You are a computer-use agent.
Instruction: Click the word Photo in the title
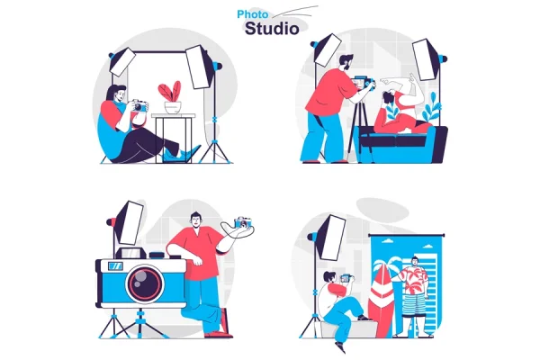[x=252, y=14]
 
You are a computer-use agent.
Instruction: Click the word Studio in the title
[x=272, y=29]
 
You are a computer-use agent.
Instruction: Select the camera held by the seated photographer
[x=139, y=105]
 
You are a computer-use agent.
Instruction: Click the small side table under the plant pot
[x=173, y=138]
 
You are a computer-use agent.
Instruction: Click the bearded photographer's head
[x=346, y=62]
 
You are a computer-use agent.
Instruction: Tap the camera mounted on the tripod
[x=364, y=83]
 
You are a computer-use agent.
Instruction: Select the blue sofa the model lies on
[x=402, y=144]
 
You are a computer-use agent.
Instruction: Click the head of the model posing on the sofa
[x=389, y=96]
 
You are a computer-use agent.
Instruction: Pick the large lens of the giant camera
[x=145, y=283]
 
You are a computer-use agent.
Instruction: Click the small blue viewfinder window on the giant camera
[x=115, y=266]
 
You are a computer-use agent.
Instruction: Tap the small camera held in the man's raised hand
[x=243, y=222]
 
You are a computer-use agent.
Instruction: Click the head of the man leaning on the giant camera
[x=195, y=220]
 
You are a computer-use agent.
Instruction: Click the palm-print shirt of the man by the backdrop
[x=415, y=280]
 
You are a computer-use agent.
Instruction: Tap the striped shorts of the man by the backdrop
[x=414, y=304]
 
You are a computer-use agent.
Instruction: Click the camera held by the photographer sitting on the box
[x=346, y=278]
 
